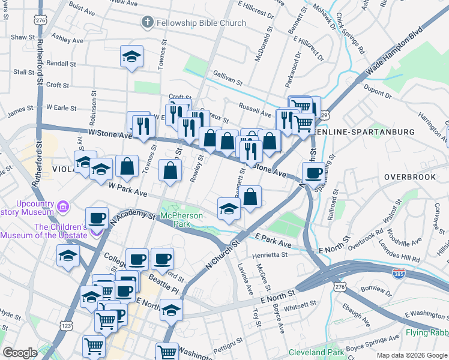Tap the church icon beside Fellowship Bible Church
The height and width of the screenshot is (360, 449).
pos(147,23)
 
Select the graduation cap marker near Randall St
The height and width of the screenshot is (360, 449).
pos(131,57)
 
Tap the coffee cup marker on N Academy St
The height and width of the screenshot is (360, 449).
pos(97,218)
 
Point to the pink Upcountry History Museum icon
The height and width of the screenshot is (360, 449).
pos(63,208)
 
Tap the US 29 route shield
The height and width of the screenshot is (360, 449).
pos(325,114)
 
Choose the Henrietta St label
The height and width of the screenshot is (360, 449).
pos(270,254)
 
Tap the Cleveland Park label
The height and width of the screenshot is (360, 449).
pos(316,352)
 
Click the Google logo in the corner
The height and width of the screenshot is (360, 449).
pos(20,353)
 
